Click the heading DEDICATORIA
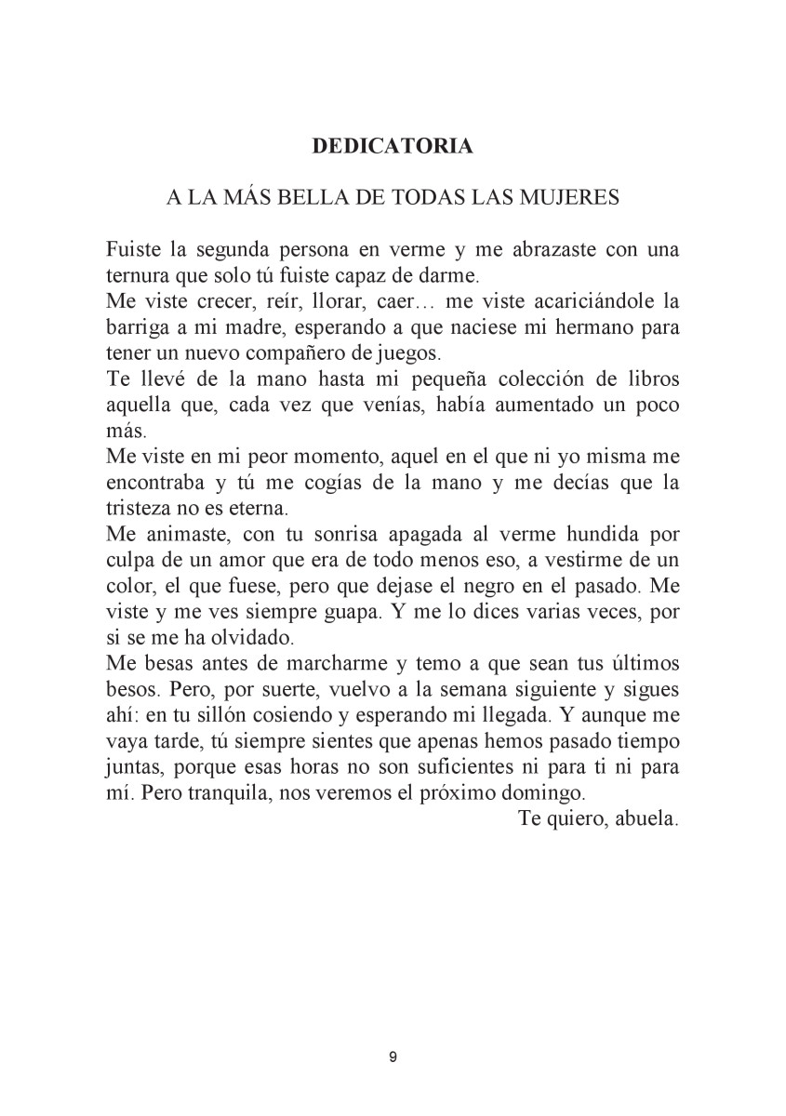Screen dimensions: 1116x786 [x=392, y=146]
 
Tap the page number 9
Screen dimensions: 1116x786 [x=393, y=1057]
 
